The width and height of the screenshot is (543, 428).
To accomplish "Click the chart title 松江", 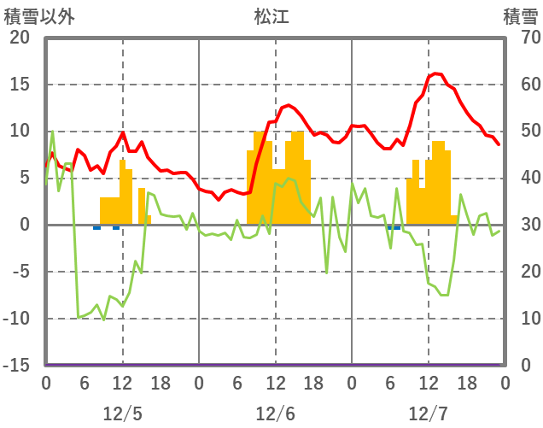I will pos(271,16).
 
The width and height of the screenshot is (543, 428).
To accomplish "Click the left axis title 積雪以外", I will pos(39,16).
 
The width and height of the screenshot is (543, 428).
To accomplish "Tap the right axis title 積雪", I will pos(520,16).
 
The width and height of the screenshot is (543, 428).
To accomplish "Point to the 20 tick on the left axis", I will pos(20,38).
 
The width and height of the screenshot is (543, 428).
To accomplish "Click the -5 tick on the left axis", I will pos(22,272).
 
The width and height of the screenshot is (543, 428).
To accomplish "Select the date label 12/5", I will pos(122,413).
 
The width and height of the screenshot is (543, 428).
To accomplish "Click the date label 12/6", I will pos(275,413).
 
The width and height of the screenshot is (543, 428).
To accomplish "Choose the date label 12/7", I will pos(428,413).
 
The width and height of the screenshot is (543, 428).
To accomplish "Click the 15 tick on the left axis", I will pos(20,85).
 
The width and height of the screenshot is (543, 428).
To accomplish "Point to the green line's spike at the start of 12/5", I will pos(52,132).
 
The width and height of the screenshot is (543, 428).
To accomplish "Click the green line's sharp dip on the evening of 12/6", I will pos(326,273).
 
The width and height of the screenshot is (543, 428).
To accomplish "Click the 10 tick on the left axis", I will pos(20,132).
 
